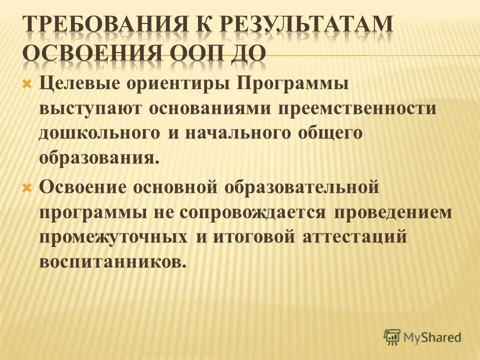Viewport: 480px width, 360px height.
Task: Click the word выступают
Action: (89, 109)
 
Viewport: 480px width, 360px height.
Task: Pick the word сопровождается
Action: (255, 212)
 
